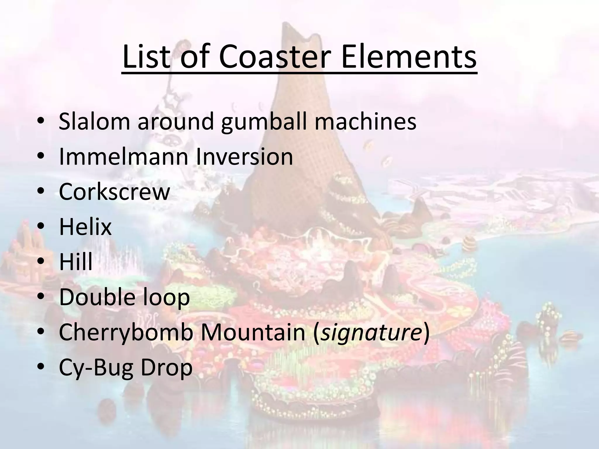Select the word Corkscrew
(x=114, y=192)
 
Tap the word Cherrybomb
(x=126, y=332)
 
